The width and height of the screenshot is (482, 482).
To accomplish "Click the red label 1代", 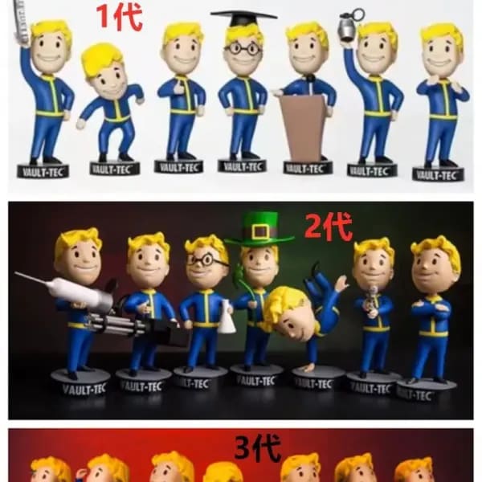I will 119,17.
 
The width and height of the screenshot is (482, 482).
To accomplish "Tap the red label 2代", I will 328,227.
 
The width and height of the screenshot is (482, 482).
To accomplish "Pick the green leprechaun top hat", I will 257,227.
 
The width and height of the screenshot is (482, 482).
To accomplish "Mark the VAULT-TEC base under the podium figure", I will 308,168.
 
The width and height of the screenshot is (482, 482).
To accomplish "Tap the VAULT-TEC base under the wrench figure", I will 43,170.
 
